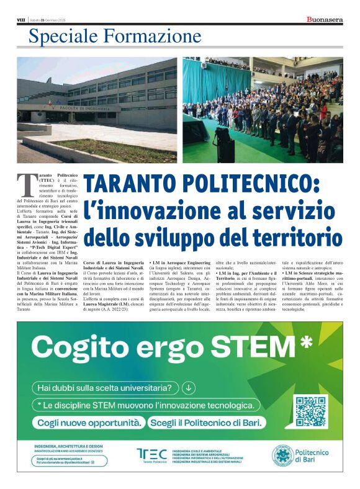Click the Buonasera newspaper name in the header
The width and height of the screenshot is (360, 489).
point(325,20)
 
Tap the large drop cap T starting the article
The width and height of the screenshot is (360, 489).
point(24,184)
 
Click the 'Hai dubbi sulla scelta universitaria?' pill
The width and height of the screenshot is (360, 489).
point(106,388)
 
